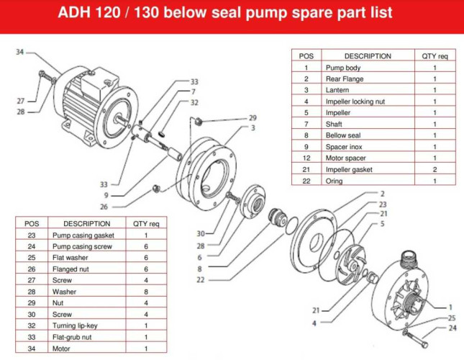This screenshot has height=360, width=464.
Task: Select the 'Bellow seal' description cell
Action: (x=343, y=135)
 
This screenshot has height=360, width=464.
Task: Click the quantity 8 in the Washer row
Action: (x=146, y=292)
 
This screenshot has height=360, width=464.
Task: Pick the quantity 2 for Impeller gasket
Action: (x=435, y=170)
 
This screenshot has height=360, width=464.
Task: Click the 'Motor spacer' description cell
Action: (x=345, y=158)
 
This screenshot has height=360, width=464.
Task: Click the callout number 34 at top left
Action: (x=19, y=52)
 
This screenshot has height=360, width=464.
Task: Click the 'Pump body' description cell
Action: (x=342, y=68)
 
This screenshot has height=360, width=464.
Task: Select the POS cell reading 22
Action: (x=306, y=181)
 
